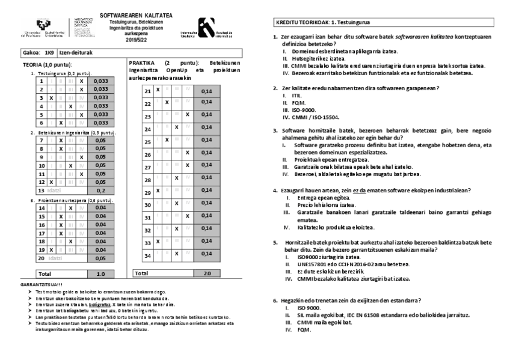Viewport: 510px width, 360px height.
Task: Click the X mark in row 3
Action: pos(52,97)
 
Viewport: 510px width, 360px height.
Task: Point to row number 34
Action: pos(147,256)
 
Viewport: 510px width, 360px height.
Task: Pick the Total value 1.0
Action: pos(100,273)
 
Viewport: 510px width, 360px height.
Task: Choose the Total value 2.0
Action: pos(207,273)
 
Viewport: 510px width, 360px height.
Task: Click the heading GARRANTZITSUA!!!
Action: pos(41,284)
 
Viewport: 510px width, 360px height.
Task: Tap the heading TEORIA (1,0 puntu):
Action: pos(48,64)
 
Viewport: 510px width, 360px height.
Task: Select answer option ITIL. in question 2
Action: pos(296,96)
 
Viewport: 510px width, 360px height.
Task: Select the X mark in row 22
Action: pos(167,102)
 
